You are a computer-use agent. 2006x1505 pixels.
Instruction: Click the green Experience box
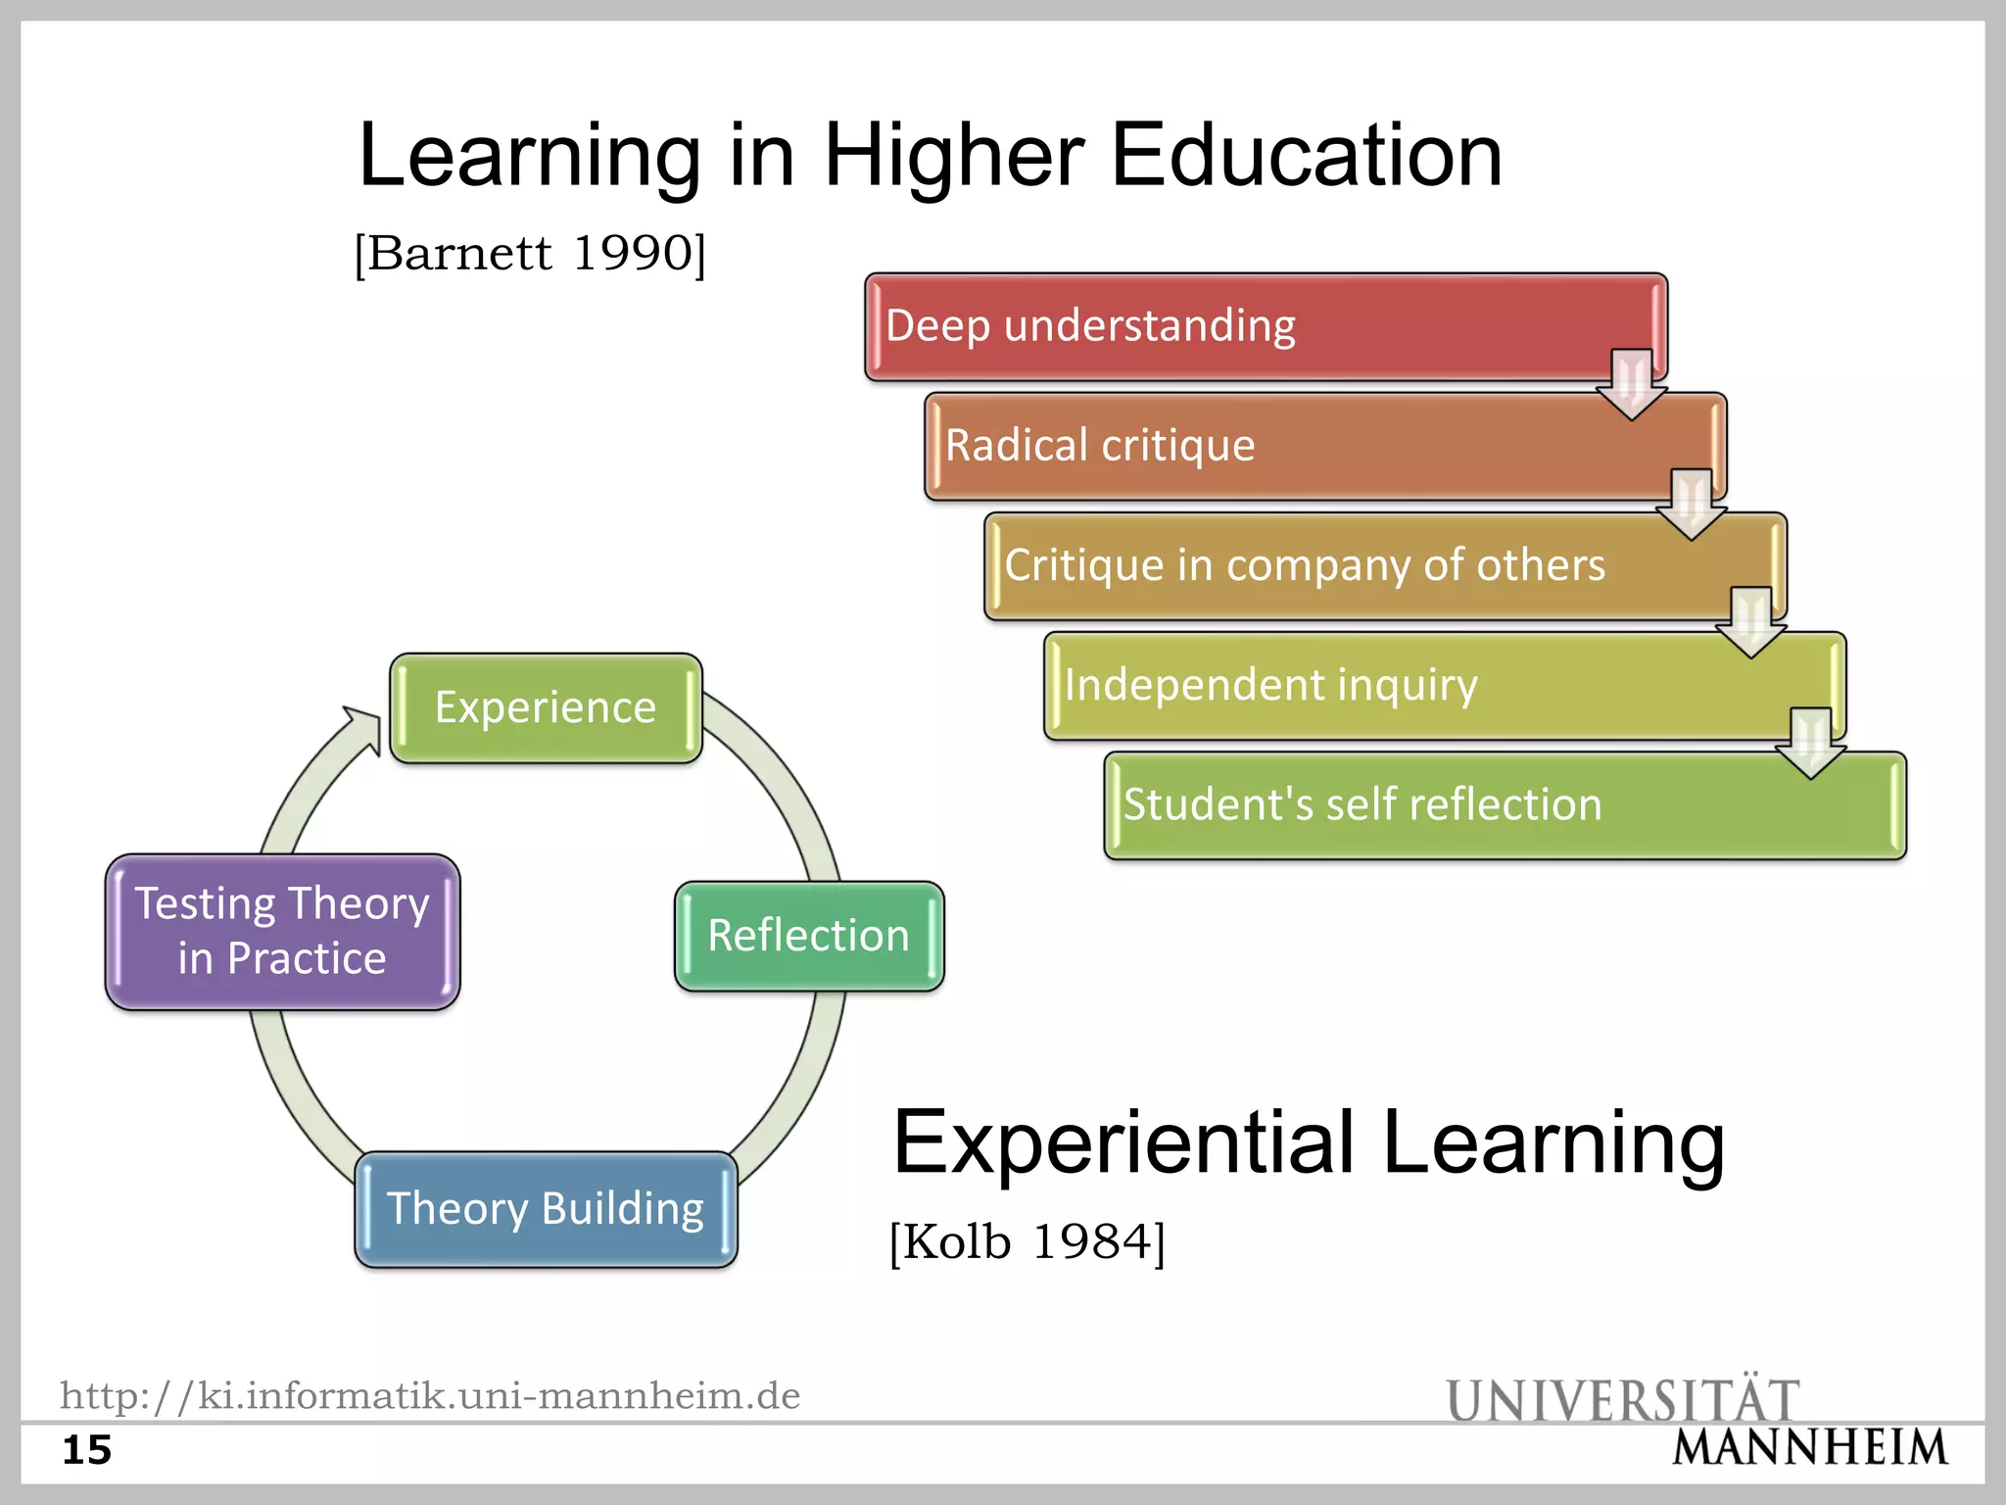click(x=546, y=707)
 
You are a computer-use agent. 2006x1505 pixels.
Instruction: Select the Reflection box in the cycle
click(x=809, y=936)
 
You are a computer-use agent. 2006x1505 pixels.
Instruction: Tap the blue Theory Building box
click(x=546, y=1209)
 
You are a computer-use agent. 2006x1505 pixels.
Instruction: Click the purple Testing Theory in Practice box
click(x=282, y=931)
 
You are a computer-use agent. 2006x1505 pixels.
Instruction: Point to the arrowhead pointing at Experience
click(x=363, y=728)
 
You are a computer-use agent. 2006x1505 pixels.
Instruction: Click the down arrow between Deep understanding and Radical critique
click(x=1632, y=385)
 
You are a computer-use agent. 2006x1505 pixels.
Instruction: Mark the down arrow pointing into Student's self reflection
click(x=1811, y=744)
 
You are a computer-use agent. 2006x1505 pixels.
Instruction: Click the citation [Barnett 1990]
click(x=530, y=254)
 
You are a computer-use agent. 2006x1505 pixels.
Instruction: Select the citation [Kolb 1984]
click(x=1027, y=1242)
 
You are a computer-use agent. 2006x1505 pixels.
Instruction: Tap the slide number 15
click(x=87, y=1450)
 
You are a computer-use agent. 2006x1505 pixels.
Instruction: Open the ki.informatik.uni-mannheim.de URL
click(x=430, y=1395)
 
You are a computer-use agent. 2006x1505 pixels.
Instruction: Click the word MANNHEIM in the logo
click(x=1810, y=1448)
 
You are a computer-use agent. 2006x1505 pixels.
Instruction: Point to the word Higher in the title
click(x=954, y=156)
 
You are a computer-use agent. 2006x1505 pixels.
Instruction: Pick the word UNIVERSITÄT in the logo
click(x=1623, y=1399)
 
